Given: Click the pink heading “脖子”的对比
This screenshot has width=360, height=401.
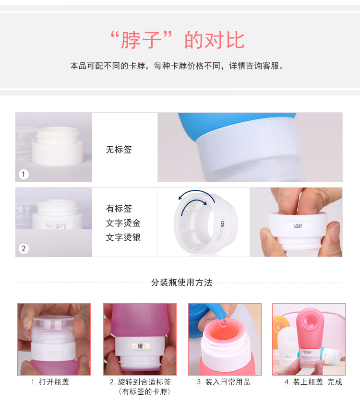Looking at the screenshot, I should (177, 40).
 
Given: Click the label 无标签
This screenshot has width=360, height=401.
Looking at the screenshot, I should (119, 150).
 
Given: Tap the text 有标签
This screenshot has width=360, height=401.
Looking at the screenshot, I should (119, 209).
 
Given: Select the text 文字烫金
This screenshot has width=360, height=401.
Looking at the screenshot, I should (123, 223).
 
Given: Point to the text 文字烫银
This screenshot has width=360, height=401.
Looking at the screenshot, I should (123, 237).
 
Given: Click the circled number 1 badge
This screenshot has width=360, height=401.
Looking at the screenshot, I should (24, 174).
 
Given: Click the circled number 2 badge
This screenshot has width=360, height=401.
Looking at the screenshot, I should (24, 248).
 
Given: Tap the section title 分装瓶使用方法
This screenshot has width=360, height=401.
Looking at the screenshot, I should (181, 283).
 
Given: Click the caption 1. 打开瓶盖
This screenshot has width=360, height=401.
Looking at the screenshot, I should (50, 382).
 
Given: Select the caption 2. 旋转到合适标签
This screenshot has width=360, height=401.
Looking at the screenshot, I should (140, 382).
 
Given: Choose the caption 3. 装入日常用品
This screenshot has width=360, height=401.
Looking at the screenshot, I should (223, 382).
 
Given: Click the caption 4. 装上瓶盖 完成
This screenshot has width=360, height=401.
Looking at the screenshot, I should (313, 382).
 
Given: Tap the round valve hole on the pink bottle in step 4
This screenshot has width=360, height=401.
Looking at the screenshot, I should (311, 321).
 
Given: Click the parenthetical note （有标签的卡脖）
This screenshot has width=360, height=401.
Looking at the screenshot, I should (140, 392).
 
